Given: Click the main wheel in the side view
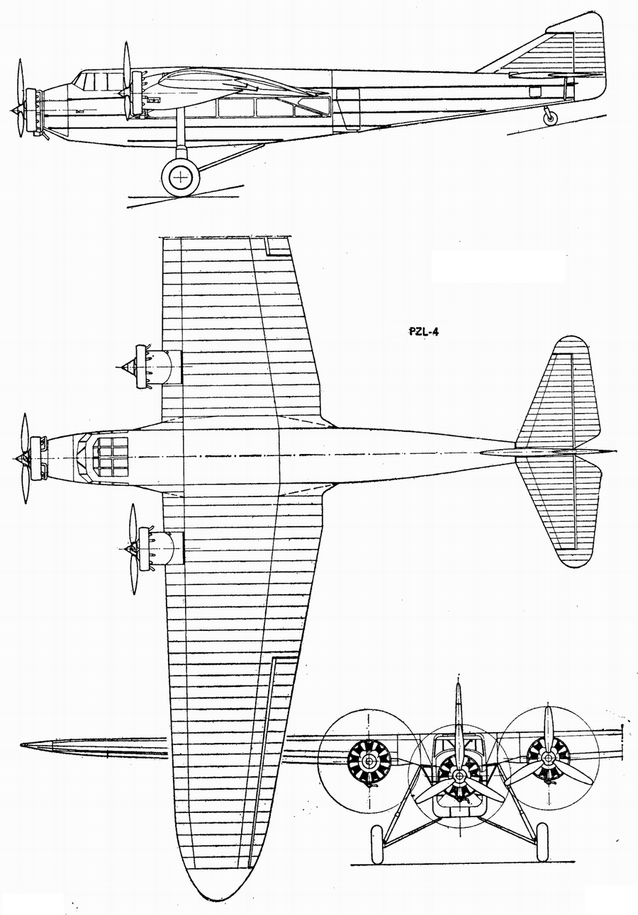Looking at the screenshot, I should [181, 176].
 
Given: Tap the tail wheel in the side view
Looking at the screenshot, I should [550, 118].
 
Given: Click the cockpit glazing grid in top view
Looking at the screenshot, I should [111, 457].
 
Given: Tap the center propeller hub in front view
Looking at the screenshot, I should [459, 776].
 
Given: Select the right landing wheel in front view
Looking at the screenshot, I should [542, 841].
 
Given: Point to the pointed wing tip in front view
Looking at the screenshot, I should [26, 745].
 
